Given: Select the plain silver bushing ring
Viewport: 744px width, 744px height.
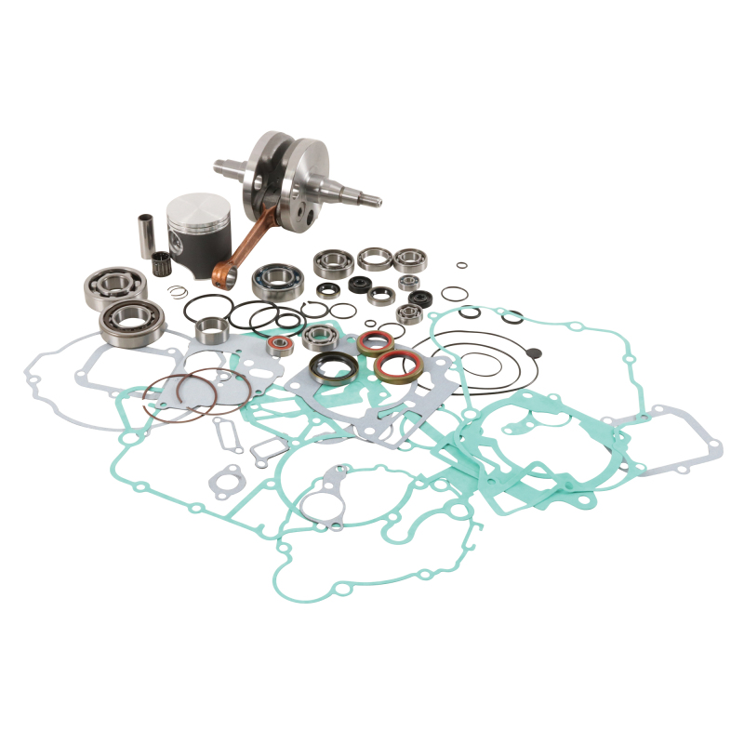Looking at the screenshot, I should tap(212, 330).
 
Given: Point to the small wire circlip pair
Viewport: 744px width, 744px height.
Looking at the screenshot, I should tap(178, 293).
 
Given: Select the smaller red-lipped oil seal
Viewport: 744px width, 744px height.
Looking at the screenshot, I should tap(374, 343).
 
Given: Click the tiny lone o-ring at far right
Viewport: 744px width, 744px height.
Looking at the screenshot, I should tap(461, 268).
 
